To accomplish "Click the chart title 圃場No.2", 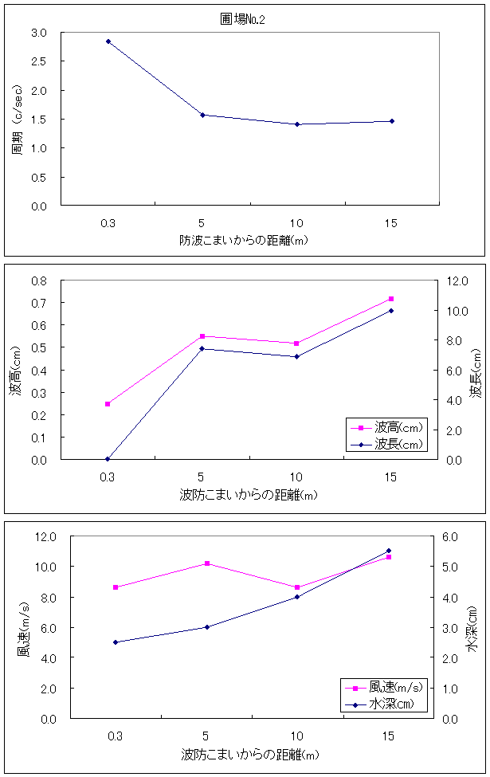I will (x=242, y=19).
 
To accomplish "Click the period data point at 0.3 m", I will (x=108, y=41).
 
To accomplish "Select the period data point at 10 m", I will (x=297, y=124).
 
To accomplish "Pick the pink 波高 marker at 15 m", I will (x=391, y=299).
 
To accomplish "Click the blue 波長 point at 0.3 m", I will (x=108, y=459).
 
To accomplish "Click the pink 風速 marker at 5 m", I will (x=207, y=563).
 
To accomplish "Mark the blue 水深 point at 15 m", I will (x=389, y=551).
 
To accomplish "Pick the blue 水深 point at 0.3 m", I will (x=116, y=642).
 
